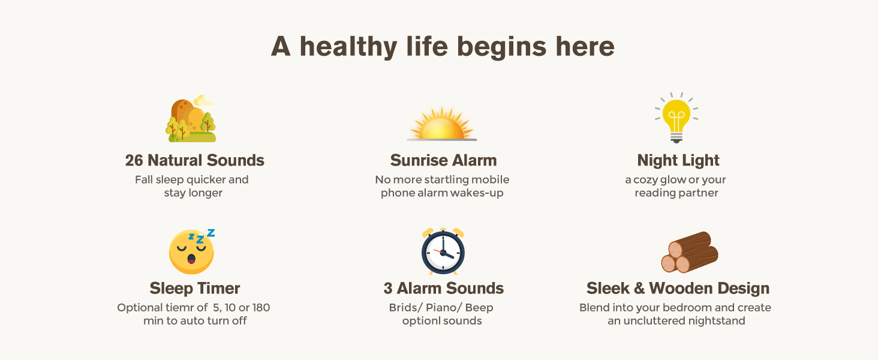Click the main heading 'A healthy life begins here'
443,47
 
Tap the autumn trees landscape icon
191,118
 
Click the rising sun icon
442,124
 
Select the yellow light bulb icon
676,118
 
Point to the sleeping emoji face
192,251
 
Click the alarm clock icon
443,251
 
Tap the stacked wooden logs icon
690,252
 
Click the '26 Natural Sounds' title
195,160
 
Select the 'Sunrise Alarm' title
443,160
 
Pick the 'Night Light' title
678,161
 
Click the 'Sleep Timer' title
195,289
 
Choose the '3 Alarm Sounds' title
443,288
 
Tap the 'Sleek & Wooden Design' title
678,289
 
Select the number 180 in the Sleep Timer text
261,307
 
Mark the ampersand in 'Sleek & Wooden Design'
639,288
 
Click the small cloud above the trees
203,101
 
